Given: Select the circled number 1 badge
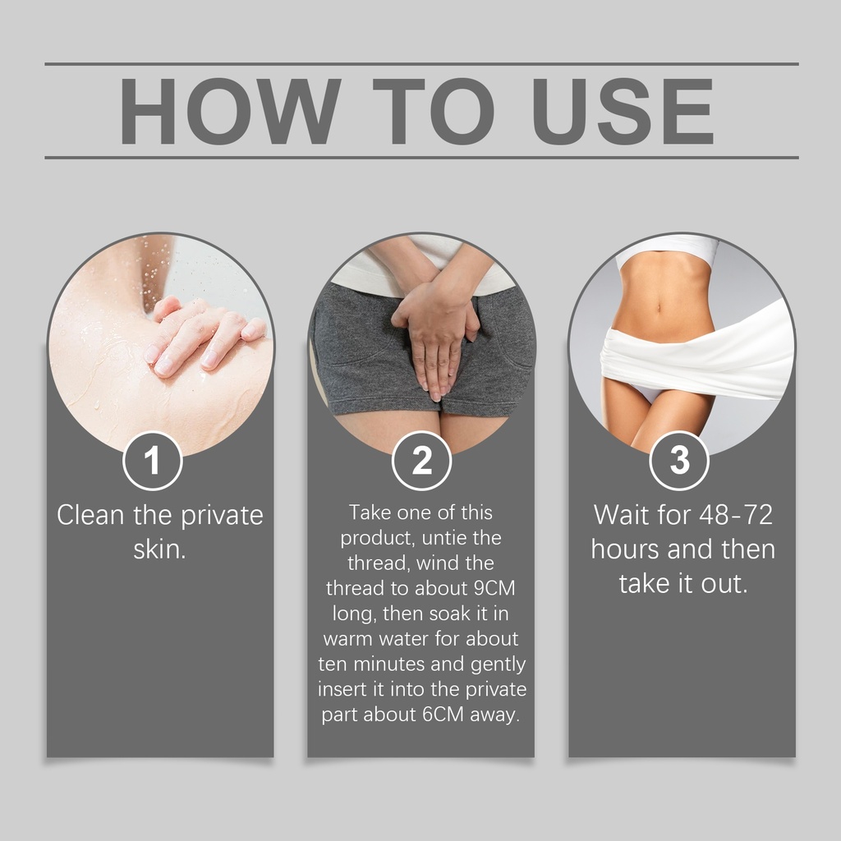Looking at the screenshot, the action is tap(153, 461).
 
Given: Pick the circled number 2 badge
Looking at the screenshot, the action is tap(421, 461).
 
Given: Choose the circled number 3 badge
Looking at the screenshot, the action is tap(679, 461).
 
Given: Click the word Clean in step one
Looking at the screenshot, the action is tap(90, 515).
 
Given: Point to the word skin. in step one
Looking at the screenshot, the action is tap(160, 549).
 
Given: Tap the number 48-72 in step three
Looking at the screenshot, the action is tap(736, 515).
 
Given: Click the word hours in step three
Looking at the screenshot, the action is tap(625, 549).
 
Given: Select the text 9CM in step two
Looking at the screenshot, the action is tap(494, 588).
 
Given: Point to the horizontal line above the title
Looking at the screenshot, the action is tap(421, 64).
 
